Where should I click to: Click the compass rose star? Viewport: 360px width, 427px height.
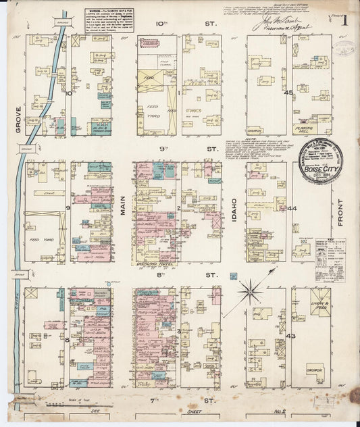[x=251, y=293]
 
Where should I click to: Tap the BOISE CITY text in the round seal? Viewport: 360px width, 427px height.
[x=322, y=169]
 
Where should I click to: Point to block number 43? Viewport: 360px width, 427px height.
[x=291, y=336]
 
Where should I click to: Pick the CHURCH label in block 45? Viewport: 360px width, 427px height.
[x=256, y=130]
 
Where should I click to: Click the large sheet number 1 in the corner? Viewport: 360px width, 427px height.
[x=344, y=20]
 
